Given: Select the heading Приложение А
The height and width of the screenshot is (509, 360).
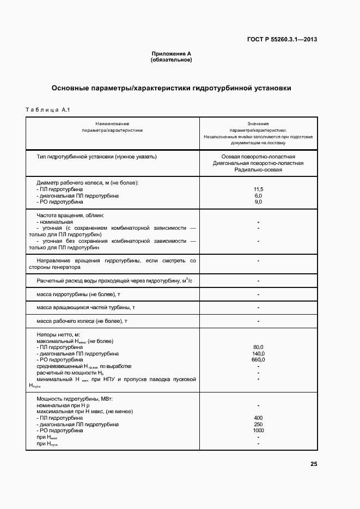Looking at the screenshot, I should (x=171, y=54).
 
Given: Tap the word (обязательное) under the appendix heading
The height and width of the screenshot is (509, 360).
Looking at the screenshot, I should (x=171, y=60).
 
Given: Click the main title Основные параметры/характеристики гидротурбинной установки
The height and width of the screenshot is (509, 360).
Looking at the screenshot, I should (x=171, y=88).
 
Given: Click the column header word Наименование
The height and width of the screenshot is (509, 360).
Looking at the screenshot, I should (x=112, y=124).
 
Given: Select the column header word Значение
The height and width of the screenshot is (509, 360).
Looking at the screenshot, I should (x=258, y=124).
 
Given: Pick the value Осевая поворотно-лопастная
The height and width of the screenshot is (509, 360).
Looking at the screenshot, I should (x=258, y=157).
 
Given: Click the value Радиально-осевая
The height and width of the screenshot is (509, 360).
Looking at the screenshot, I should (x=258, y=170).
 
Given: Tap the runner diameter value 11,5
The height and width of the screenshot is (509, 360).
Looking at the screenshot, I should (x=258, y=189).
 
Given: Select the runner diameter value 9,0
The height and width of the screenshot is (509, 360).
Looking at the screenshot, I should (x=258, y=202).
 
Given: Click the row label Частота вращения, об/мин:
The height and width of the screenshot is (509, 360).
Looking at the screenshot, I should (x=70, y=216).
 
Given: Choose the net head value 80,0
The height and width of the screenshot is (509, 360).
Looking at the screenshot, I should (x=258, y=347).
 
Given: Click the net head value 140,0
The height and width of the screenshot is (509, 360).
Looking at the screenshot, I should (x=258, y=353).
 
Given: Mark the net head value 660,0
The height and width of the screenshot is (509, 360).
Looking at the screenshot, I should (x=258, y=360).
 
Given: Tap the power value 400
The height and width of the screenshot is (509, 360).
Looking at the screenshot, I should (x=258, y=418).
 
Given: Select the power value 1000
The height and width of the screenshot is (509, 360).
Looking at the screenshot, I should (x=258, y=431).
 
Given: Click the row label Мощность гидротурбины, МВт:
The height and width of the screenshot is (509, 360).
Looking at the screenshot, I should (x=75, y=399).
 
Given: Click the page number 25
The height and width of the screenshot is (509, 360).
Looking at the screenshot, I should (x=314, y=464).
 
